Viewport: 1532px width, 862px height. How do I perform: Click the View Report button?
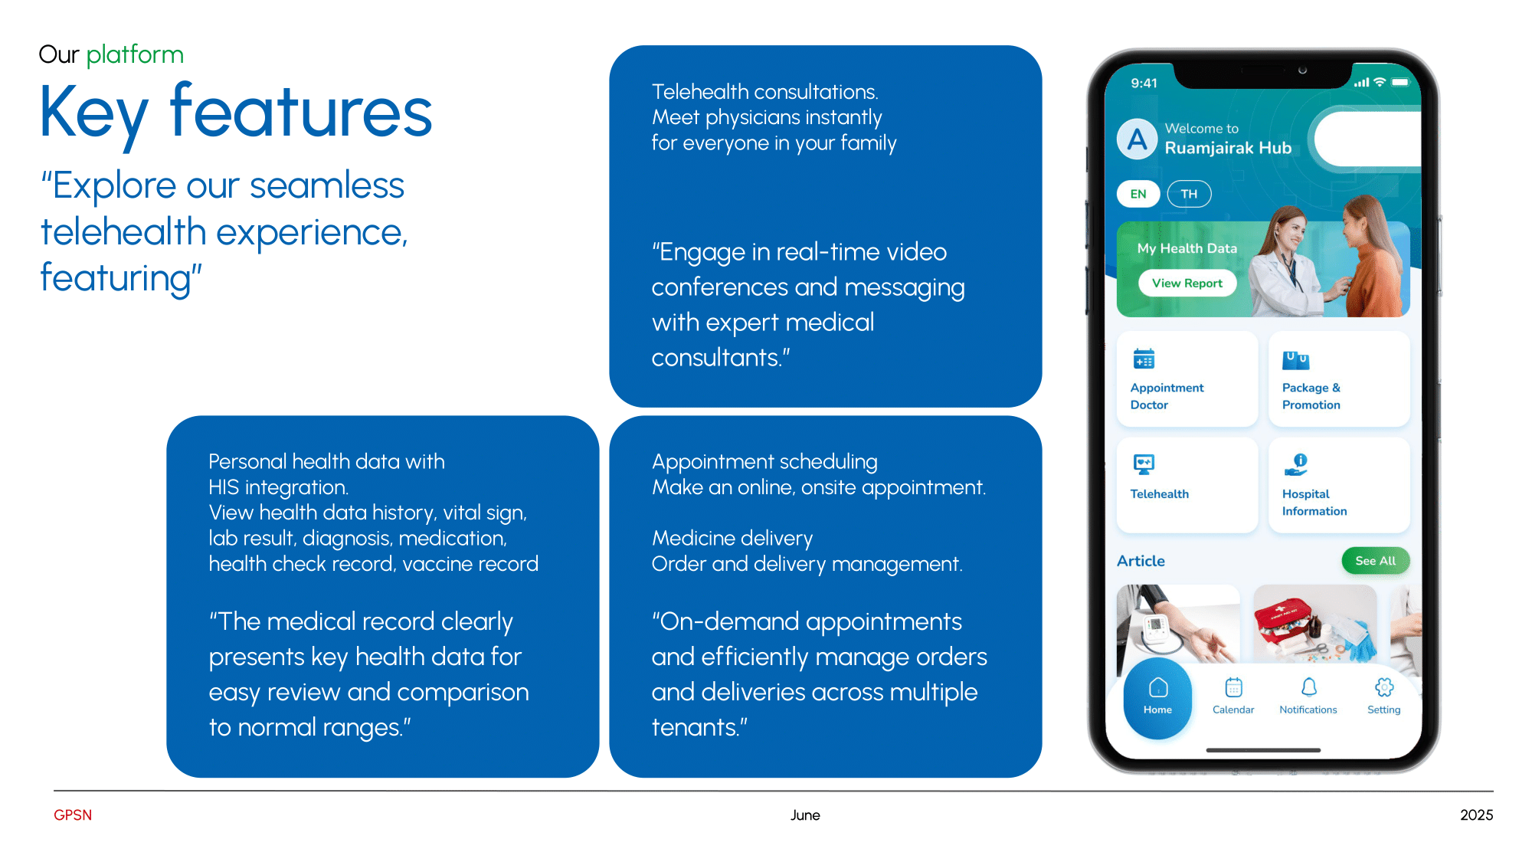tap(1187, 283)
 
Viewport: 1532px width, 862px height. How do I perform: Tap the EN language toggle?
tap(1138, 194)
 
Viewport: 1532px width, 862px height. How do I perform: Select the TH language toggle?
tap(1189, 194)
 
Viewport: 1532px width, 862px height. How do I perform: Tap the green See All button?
tap(1375, 561)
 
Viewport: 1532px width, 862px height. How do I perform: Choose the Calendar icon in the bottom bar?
tap(1233, 687)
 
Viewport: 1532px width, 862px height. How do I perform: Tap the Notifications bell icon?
tap(1309, 687)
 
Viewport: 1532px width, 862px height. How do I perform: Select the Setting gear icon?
tap(1384, 687)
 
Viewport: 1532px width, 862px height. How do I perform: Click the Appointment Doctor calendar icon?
tap(1144, 359)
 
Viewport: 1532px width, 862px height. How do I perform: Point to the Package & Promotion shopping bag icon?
tap(1296, 359)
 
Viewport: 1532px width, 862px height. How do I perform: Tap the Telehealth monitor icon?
tap(1144, 464)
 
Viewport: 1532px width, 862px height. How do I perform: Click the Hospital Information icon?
tap(1296, 464)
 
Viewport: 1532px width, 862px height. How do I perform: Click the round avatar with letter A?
tap(1138, 139)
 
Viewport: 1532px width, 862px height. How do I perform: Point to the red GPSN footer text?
tap(73, 815)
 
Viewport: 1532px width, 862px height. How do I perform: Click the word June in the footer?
tap(805, 815)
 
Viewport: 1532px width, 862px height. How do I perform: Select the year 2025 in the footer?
tap(1477, 815)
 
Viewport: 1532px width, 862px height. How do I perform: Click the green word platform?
tap(135, 55)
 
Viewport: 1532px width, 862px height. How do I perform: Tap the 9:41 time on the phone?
tap(1144, 83)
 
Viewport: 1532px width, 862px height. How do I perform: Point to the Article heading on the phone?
tap(1141, 561)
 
